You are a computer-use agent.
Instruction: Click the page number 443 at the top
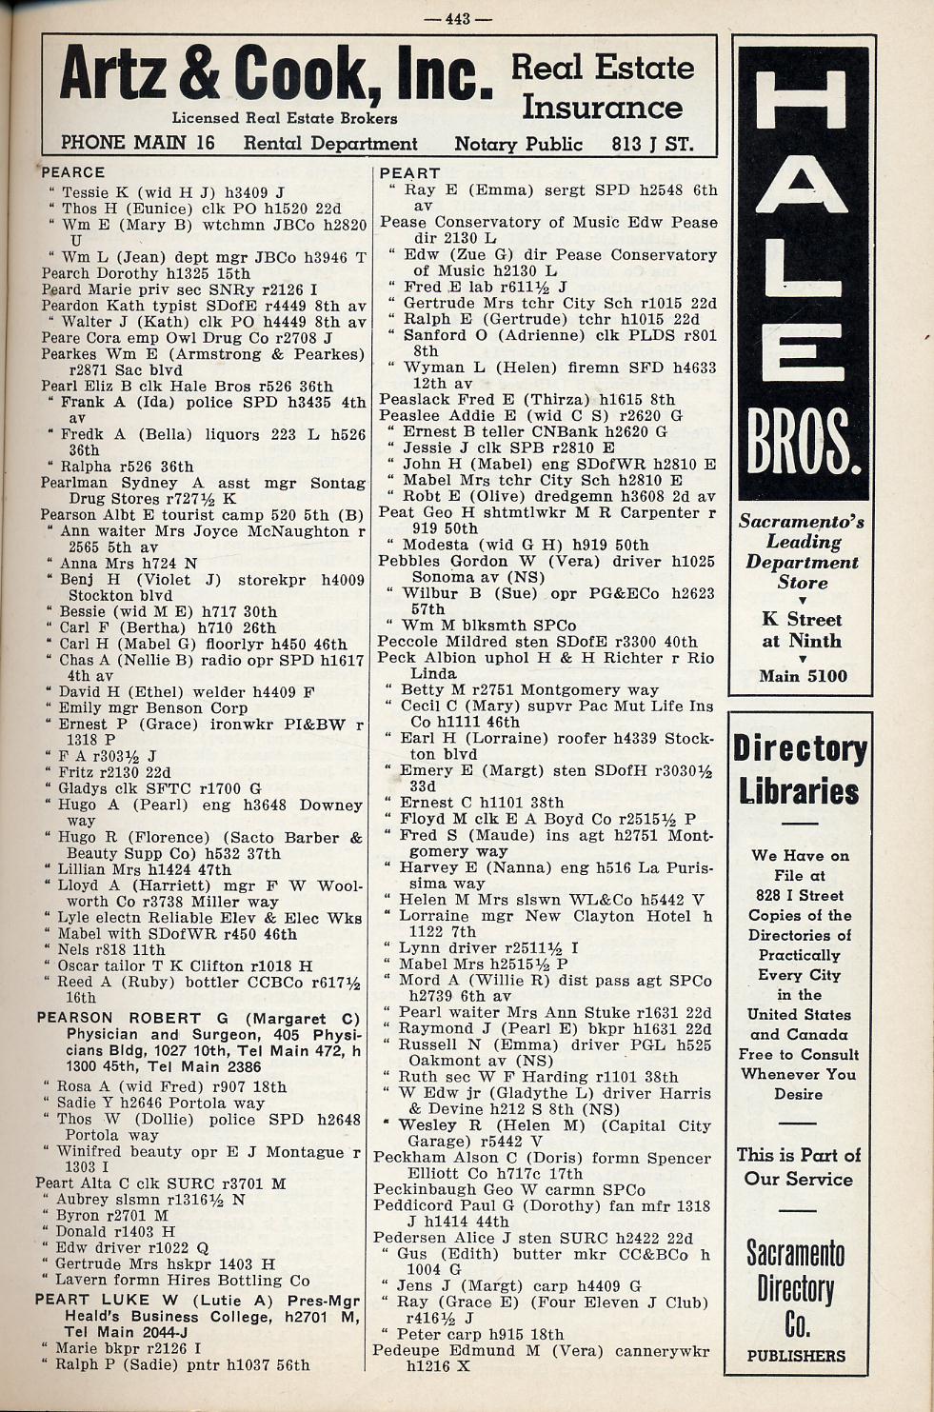(x=458, y=18)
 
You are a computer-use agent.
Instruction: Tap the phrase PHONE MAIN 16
(x=137, y=143)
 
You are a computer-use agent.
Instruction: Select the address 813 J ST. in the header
(x=652, y=144)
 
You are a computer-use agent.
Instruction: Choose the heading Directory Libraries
(x=800, y=770)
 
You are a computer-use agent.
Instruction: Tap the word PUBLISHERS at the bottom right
(x=796, y=1356)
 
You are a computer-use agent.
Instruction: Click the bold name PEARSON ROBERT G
(x=119, y=1018)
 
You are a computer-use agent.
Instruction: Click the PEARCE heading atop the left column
(x=72, y=172)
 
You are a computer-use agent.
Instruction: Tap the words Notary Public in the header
(x=518, y=144)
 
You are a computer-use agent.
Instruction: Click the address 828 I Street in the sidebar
(x=800, y=895)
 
